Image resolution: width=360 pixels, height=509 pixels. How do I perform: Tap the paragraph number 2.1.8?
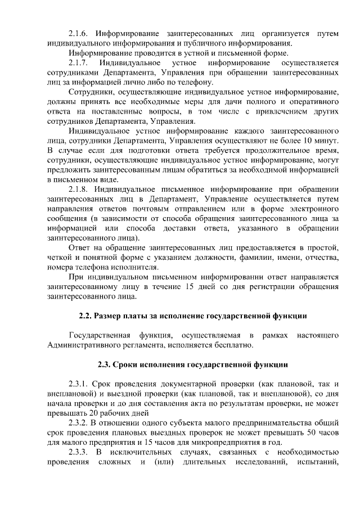(78, 188)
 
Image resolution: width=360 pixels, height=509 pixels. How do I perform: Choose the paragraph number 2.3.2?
(78, 422)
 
